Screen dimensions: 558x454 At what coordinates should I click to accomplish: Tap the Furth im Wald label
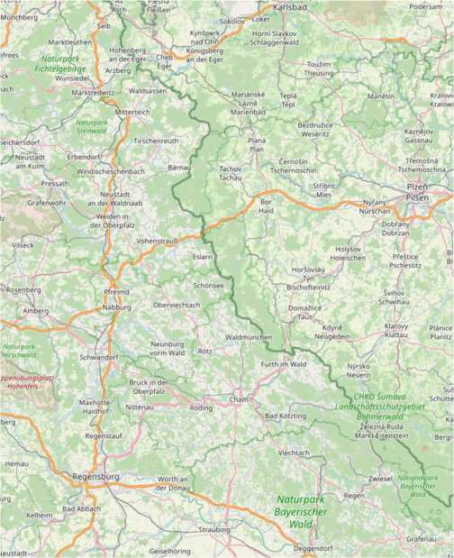pyautogui.click(x=284, y=363)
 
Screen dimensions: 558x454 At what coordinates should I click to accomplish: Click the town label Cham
pyautogui.click(x=238, y=398)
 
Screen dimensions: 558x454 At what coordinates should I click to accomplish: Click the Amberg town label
pyautogui.click(x=35, y=310)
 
